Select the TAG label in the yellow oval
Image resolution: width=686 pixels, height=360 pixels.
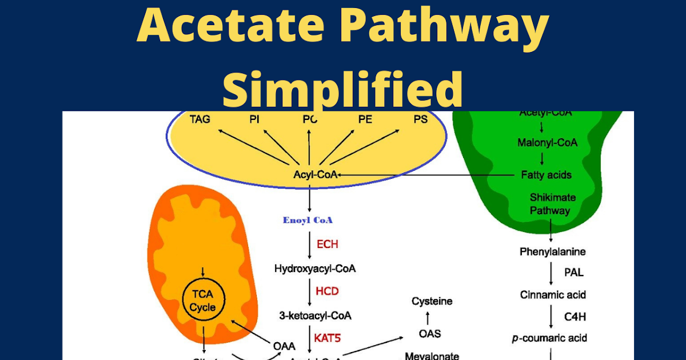200,119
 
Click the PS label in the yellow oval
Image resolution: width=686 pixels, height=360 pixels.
420,119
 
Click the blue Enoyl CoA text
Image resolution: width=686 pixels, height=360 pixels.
308,220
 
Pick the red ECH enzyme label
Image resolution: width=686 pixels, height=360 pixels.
328,245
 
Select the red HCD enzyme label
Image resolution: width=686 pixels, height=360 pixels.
328,291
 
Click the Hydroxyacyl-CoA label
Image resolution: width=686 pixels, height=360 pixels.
315,269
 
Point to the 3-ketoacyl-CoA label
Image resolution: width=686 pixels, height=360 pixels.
315,315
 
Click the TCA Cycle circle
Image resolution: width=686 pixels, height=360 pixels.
203,301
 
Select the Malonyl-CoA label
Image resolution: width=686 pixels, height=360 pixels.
547,143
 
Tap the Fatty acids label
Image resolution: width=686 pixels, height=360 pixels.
547,175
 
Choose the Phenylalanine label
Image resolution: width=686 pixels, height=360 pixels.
552,251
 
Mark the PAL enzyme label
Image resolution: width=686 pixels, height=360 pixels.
574,273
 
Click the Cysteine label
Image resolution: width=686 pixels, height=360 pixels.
432,301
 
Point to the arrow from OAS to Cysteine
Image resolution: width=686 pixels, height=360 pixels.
429,317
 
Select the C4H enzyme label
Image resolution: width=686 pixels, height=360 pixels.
575,316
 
